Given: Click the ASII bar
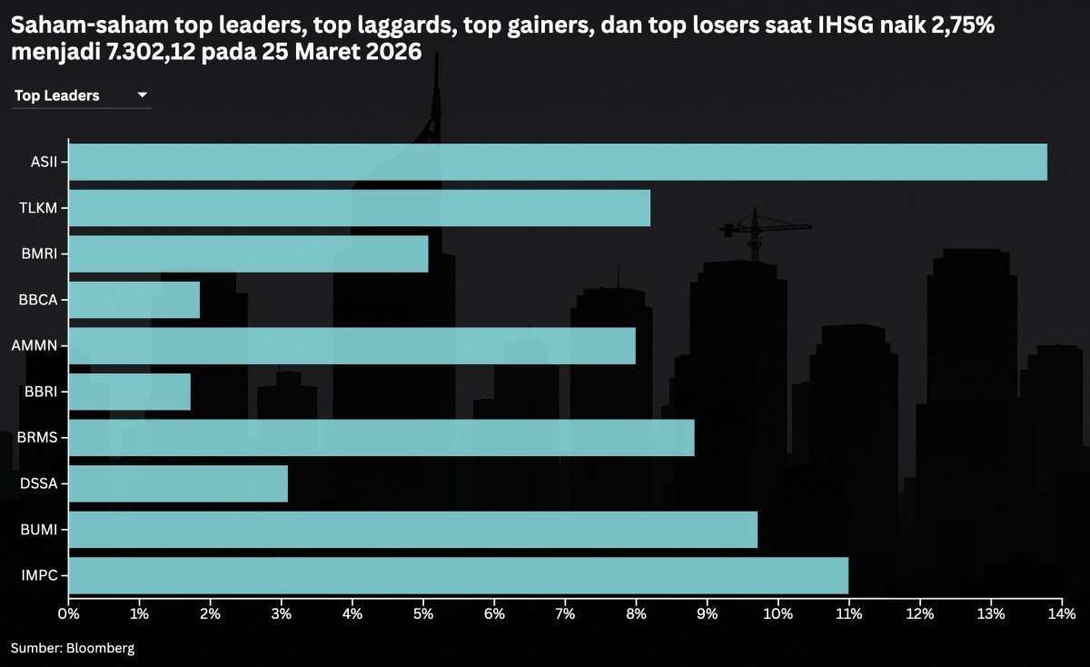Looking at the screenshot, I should click(557, 163).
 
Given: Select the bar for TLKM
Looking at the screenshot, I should click(359, 208).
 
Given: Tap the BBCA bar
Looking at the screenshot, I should click(134, 300).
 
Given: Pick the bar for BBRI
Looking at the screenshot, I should click(129, 392).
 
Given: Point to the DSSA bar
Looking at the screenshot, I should click(178, 483).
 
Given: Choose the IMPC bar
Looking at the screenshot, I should click(458, 575).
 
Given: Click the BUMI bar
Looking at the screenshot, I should click(412, 530).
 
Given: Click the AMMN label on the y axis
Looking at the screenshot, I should click(34, 346).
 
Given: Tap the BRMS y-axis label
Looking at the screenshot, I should click(36, 438).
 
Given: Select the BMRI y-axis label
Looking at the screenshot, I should click(38, 254).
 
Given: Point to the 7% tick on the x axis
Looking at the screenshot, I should click(565, 614).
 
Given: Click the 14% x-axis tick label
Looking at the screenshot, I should click(1061, 614).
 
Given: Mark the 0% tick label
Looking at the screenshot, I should click(68, 614).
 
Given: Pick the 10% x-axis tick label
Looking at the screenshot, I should click(778, 614).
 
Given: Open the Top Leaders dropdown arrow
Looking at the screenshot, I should click(142, 95).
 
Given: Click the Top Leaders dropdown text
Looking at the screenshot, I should click(57, 95).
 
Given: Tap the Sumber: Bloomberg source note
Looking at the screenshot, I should click(73, 648).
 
